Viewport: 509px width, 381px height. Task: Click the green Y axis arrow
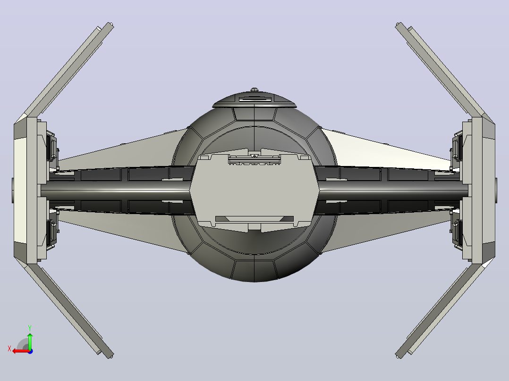pos(30,341)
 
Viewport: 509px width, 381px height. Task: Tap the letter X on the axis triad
pos(9,348)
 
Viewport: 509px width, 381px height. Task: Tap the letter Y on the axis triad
pos(30,328)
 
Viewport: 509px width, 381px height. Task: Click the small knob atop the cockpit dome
pos(254,90)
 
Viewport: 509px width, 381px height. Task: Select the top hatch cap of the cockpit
pos(254,100)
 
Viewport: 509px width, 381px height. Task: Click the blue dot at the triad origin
pos(30,351)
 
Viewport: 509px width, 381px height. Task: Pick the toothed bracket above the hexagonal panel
pos(254,160)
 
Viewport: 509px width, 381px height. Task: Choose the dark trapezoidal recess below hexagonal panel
pos(254,219)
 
